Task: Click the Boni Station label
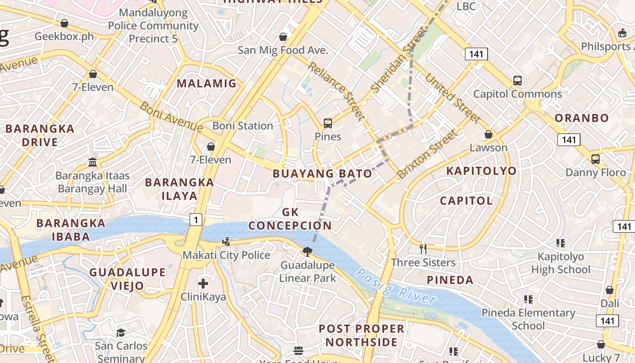coord(243,126)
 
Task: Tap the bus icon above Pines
coord(328,123)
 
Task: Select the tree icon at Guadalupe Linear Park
coord(308,251)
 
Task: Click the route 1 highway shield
coord(195,220)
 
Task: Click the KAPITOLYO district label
coord(481,171)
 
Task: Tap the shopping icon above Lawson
coord(488,134)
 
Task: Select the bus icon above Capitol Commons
coord(518,81)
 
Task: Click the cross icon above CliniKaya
coord(203,284)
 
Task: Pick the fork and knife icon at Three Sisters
coord(423,249)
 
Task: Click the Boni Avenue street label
coord(171,117)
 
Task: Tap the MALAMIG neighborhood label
coord(207,83)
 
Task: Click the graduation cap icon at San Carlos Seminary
coord(121,333)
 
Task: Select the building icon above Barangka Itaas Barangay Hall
coord(93,162)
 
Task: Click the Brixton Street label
coord(426,154)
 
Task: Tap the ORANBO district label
coord(582,118)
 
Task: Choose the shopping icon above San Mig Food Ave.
coord(283,36)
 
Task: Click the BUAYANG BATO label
coord(322,173)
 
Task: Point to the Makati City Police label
coord(226,255)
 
